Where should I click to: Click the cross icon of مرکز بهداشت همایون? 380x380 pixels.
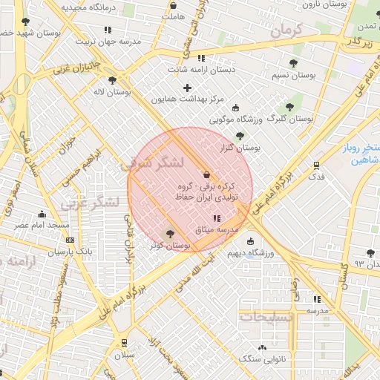click(187, 88)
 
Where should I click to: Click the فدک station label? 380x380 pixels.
click(316, 177)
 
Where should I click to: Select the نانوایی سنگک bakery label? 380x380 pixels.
click(258, 358)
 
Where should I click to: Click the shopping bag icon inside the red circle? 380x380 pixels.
click(206, 174)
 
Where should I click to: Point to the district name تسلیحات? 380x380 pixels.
click(265, 317)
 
